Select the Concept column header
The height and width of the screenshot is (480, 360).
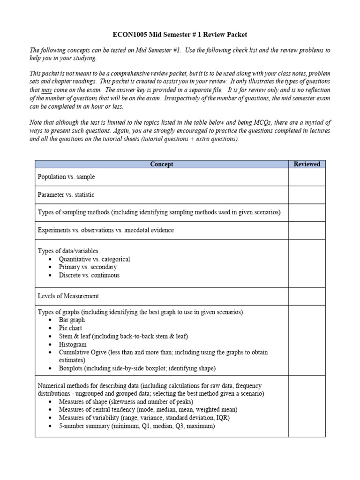(x=161, y=164)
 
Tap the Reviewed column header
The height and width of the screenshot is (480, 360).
(x=307, y=164)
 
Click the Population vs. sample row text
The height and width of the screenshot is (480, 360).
(x=67, y=177)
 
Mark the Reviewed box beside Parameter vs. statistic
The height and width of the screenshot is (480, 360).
(x=307, y=195)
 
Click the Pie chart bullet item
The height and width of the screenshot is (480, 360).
(x=70, y=328)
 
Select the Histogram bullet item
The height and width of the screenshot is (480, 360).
(x=73, y=344)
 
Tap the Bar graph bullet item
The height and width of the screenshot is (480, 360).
(x=72, y=320)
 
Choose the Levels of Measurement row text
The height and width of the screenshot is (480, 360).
(x=68, y=296)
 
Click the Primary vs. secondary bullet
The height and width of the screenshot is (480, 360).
(x=88, y=267)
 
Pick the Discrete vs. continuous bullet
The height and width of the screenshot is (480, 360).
(x=89, y=275)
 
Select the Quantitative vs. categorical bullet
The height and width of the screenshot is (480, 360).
(x=94, y=259)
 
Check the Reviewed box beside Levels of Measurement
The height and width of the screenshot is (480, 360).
(x=307, y=296)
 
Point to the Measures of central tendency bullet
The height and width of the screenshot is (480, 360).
(x=148, y=410)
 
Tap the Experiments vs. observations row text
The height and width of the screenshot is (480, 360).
(x=105, y=230)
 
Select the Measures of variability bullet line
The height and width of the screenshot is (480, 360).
(x=144, y=418)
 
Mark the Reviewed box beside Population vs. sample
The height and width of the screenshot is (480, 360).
(x=307, y=177)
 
